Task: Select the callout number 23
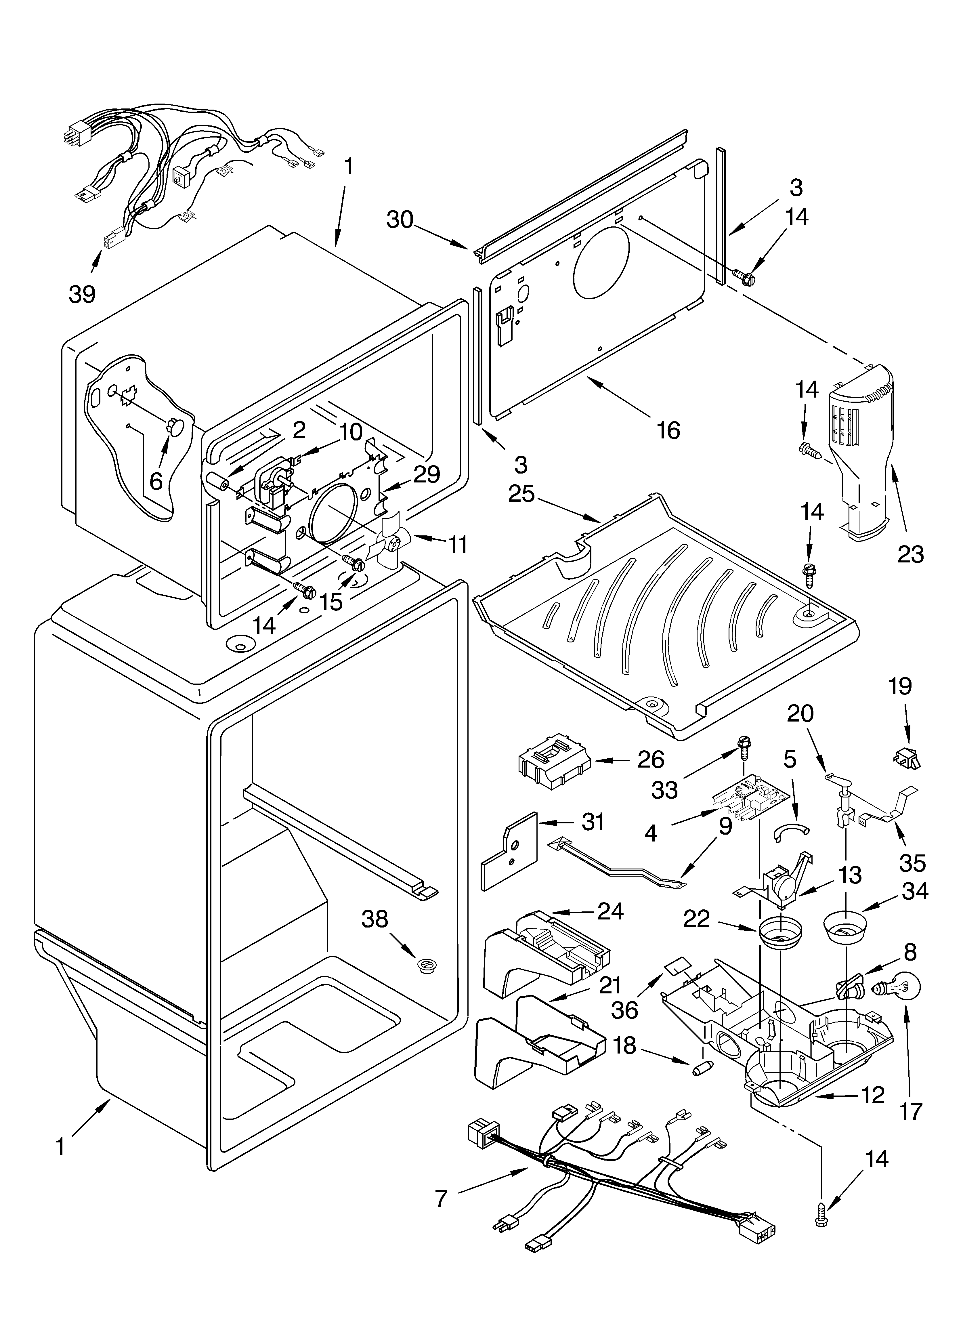click(x=910, y=554)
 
